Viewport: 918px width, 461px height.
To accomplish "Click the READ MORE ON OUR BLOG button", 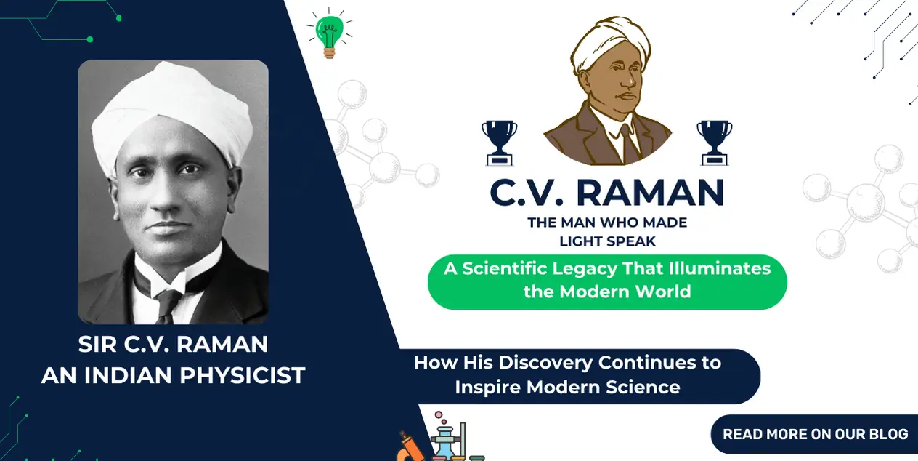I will (x=815, y=434).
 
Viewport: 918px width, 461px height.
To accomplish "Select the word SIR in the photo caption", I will (x=97, y=344).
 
